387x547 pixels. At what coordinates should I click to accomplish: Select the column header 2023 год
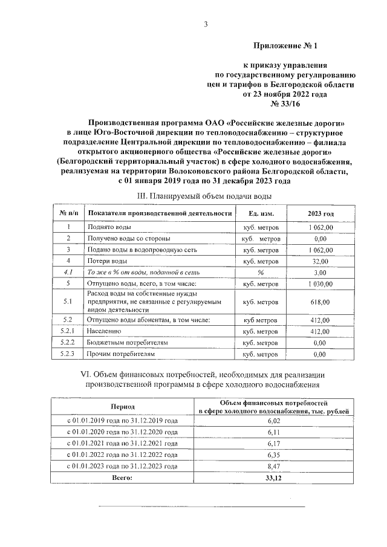[x=320, y=213]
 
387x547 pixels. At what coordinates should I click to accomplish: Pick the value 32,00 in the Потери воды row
[x=320, y=261]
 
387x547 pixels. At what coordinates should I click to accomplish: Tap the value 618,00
[x=320, y=301]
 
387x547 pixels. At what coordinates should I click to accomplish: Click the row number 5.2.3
[x=68, y=354]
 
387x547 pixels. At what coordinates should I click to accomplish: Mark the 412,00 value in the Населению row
[x=320, y=331]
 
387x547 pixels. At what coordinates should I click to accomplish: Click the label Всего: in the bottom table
[x=123, y=478]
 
